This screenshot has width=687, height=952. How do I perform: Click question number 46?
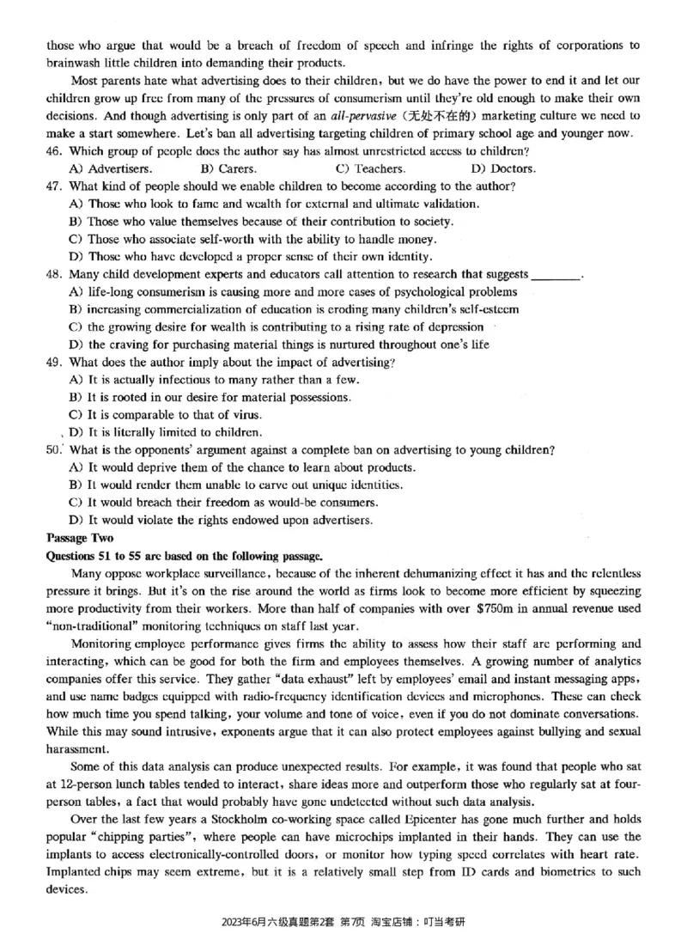[54, 151]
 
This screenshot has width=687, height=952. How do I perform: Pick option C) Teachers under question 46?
[370, 168]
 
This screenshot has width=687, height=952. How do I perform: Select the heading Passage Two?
[79, 538]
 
